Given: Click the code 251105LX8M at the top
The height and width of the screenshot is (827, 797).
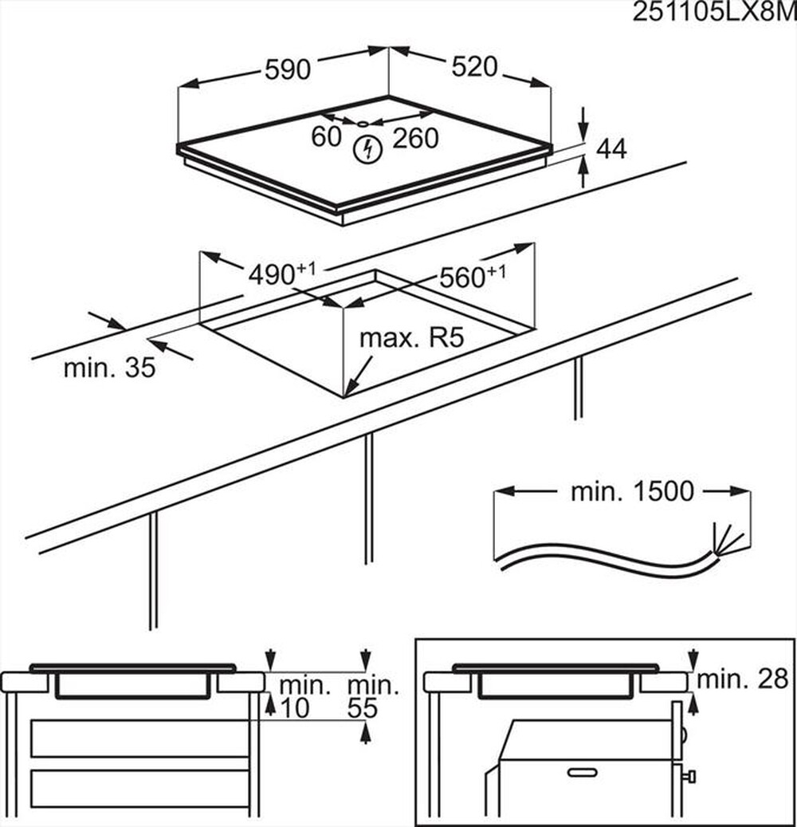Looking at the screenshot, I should [x=713, y=13].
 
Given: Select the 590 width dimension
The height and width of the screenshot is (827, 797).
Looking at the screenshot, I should [x=287, y=70].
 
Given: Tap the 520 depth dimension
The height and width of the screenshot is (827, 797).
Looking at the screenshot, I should [x=474, y=68].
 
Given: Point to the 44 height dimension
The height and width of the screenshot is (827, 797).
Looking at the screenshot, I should [x=611, y=148].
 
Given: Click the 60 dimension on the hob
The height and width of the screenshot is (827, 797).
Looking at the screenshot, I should [x=326, y=137].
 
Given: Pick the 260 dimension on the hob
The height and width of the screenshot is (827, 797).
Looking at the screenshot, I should [x=414, y=139].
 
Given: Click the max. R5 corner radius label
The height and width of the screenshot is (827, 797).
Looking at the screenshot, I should [x=411, y=337].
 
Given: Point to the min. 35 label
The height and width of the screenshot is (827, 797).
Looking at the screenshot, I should [x=109, y=368].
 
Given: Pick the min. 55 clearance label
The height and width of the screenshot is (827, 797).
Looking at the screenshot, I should [x=374, y=696].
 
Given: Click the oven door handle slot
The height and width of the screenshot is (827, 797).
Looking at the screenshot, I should [x=581, y=772].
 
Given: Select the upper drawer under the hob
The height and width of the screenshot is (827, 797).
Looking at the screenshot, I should [x=139, y=738].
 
